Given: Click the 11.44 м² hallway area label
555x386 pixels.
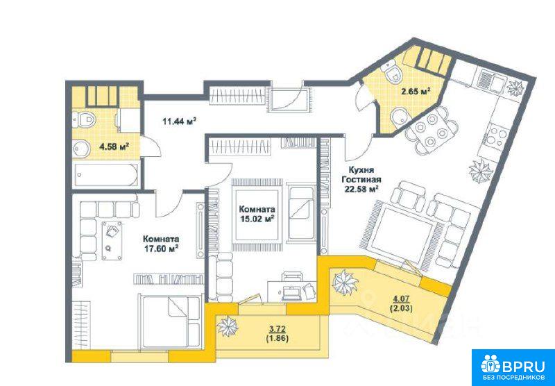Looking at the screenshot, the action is pos(180,121).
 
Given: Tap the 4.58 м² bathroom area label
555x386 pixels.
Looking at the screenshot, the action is pos(114,146).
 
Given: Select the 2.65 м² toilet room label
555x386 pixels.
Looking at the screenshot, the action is pos(416,92).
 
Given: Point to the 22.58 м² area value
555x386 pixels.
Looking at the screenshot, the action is pos(361,188).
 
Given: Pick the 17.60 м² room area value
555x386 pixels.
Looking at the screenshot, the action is pos(161,249).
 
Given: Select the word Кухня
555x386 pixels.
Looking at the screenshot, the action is pos(361,170).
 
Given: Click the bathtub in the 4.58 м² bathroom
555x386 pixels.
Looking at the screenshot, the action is pos(106,174).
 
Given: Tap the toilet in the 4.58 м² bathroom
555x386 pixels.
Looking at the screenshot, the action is pos(84,119).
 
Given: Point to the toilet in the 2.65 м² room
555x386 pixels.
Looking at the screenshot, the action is pos(393,73).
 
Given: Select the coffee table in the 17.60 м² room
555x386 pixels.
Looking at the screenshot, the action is pos(112,240).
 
